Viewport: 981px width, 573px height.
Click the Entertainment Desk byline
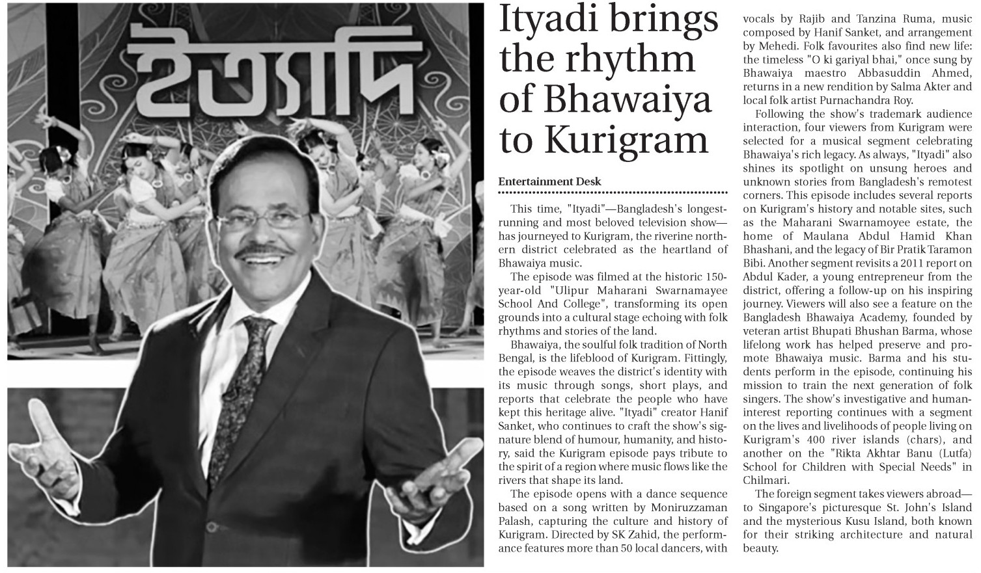(x=549, y=182)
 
